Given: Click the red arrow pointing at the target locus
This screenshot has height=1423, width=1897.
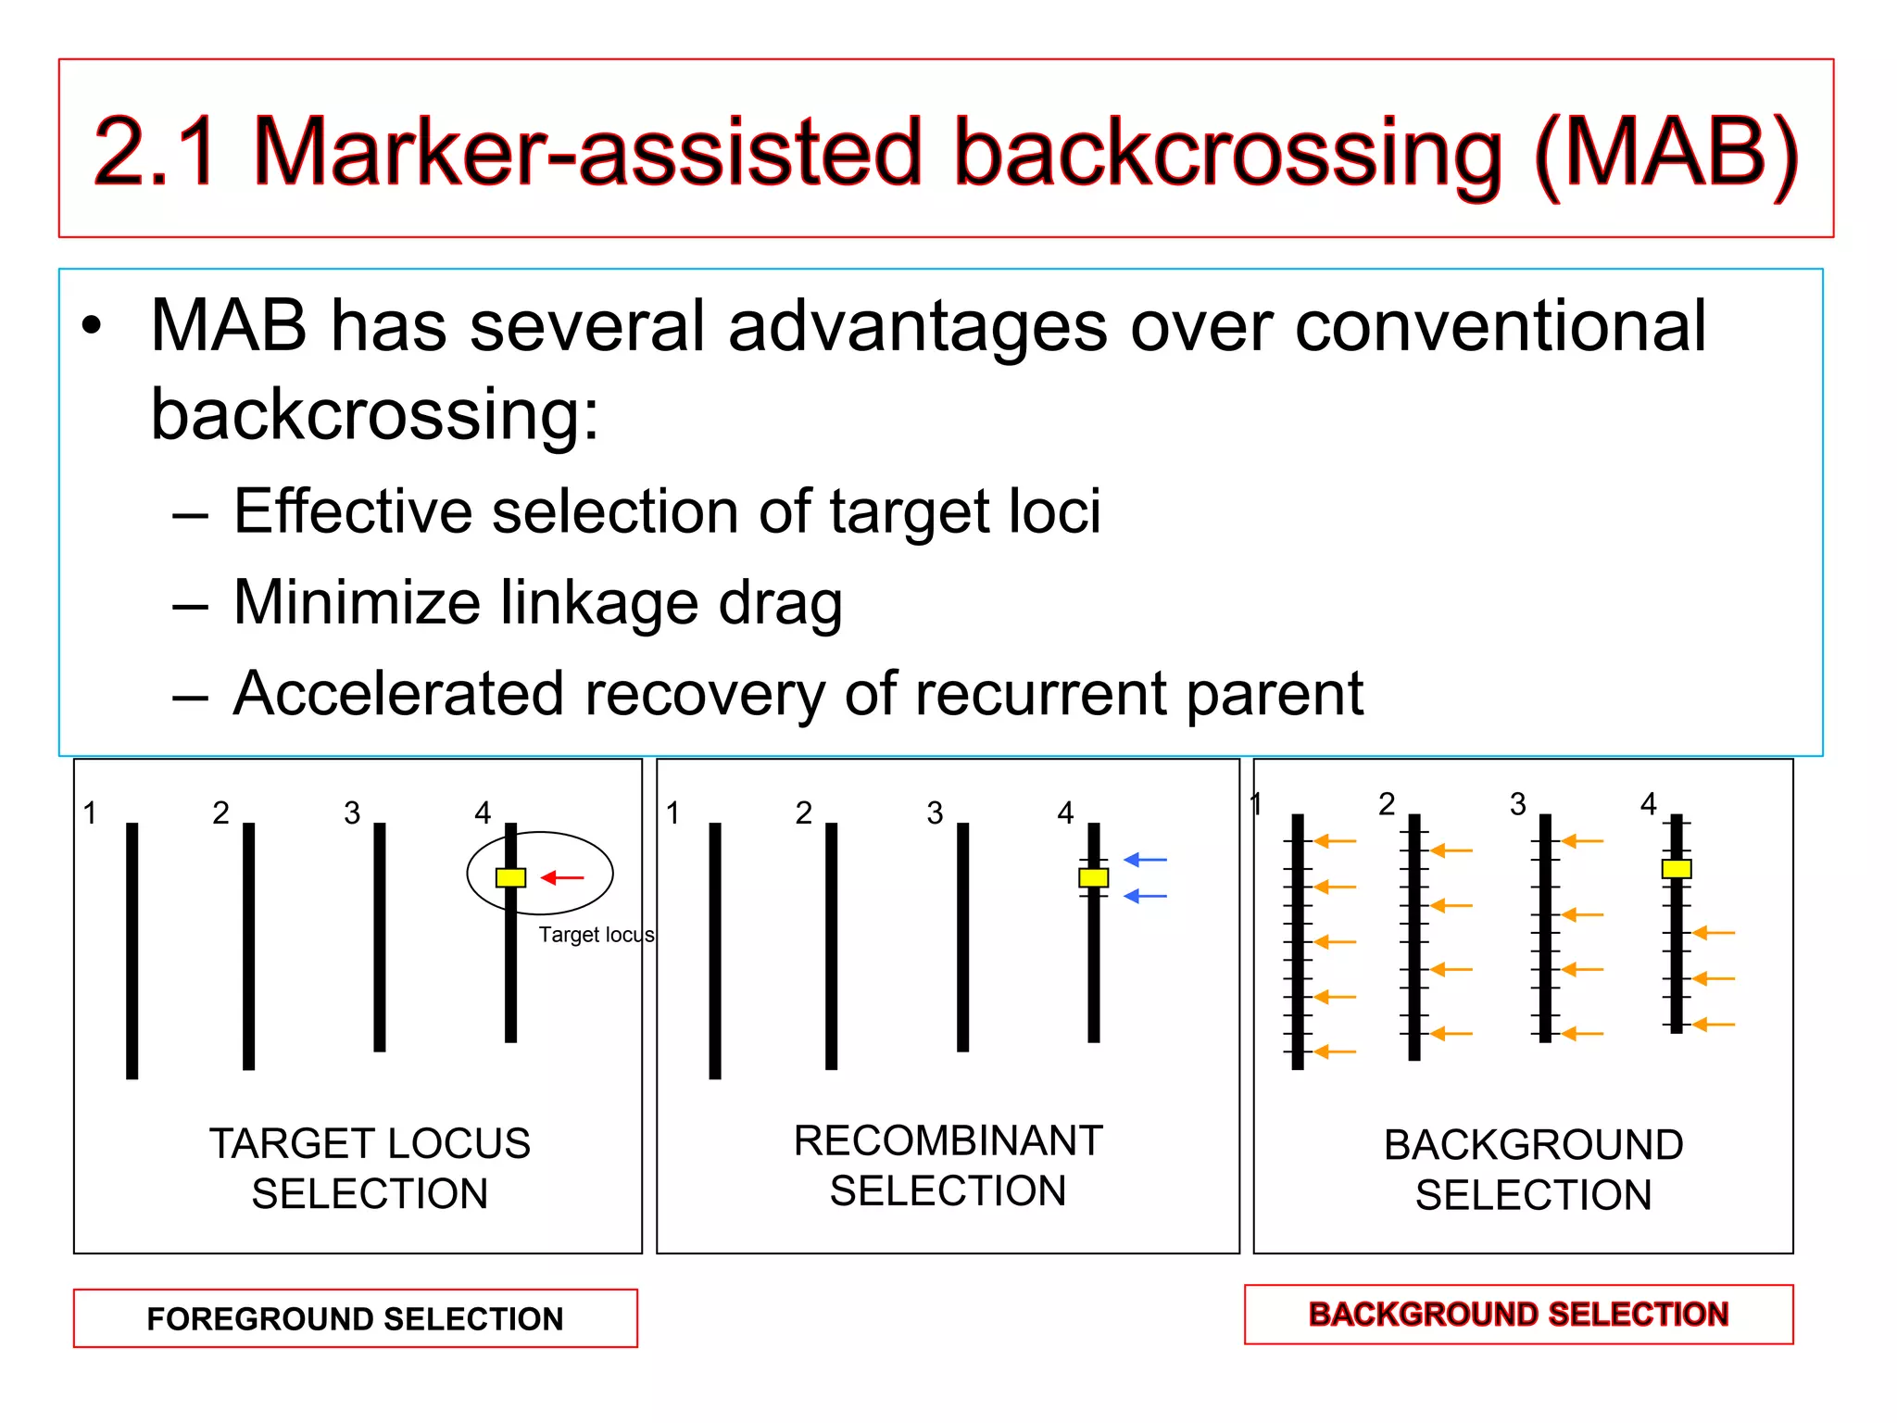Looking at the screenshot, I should pyautogui.click(x=562, y=877).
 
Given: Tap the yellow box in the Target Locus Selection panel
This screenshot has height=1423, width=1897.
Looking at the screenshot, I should pyautogui.click(x=510, y=877).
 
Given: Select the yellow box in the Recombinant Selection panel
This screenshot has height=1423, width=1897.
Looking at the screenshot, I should pyautogui.click(x=1093, y=877).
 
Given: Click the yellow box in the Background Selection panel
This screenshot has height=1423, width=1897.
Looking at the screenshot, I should pyautogui.click(x=1676, y=868).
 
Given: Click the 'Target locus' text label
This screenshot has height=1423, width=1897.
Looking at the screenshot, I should pyautogui.click(x=596, y=935).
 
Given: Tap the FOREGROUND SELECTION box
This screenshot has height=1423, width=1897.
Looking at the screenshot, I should pyautogui.click(x=355, y=1318).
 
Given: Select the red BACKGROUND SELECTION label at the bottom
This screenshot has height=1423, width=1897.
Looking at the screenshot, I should pyautogui.click(x=1518, y=1314).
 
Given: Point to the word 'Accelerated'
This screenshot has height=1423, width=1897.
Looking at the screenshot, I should pyautogui.click(x=398, y=694).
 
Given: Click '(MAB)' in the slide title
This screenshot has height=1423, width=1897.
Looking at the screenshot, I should pyautogui.click(x=1665, y=152).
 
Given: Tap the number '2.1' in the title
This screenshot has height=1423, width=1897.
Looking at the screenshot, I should pyautogui.click(x=156, y=152).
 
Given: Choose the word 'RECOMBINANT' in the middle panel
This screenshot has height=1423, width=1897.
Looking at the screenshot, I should pyautogui.click(x=948, y=1140).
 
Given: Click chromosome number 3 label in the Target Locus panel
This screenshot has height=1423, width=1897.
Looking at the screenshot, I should pyautogui.click(x=352, y=813).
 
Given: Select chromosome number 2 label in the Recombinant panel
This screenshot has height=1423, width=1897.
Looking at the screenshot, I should pyautogui.click(x=803, y=813).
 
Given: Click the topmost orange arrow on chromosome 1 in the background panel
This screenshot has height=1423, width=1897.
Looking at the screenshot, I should pyautogui.click(x=1335, y=841).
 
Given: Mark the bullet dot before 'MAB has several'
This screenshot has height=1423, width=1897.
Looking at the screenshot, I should pyautogui.click(x=90, y=327).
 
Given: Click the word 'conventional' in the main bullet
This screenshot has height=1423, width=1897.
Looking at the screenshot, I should pyautogui.click(x=1500, y=327).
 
